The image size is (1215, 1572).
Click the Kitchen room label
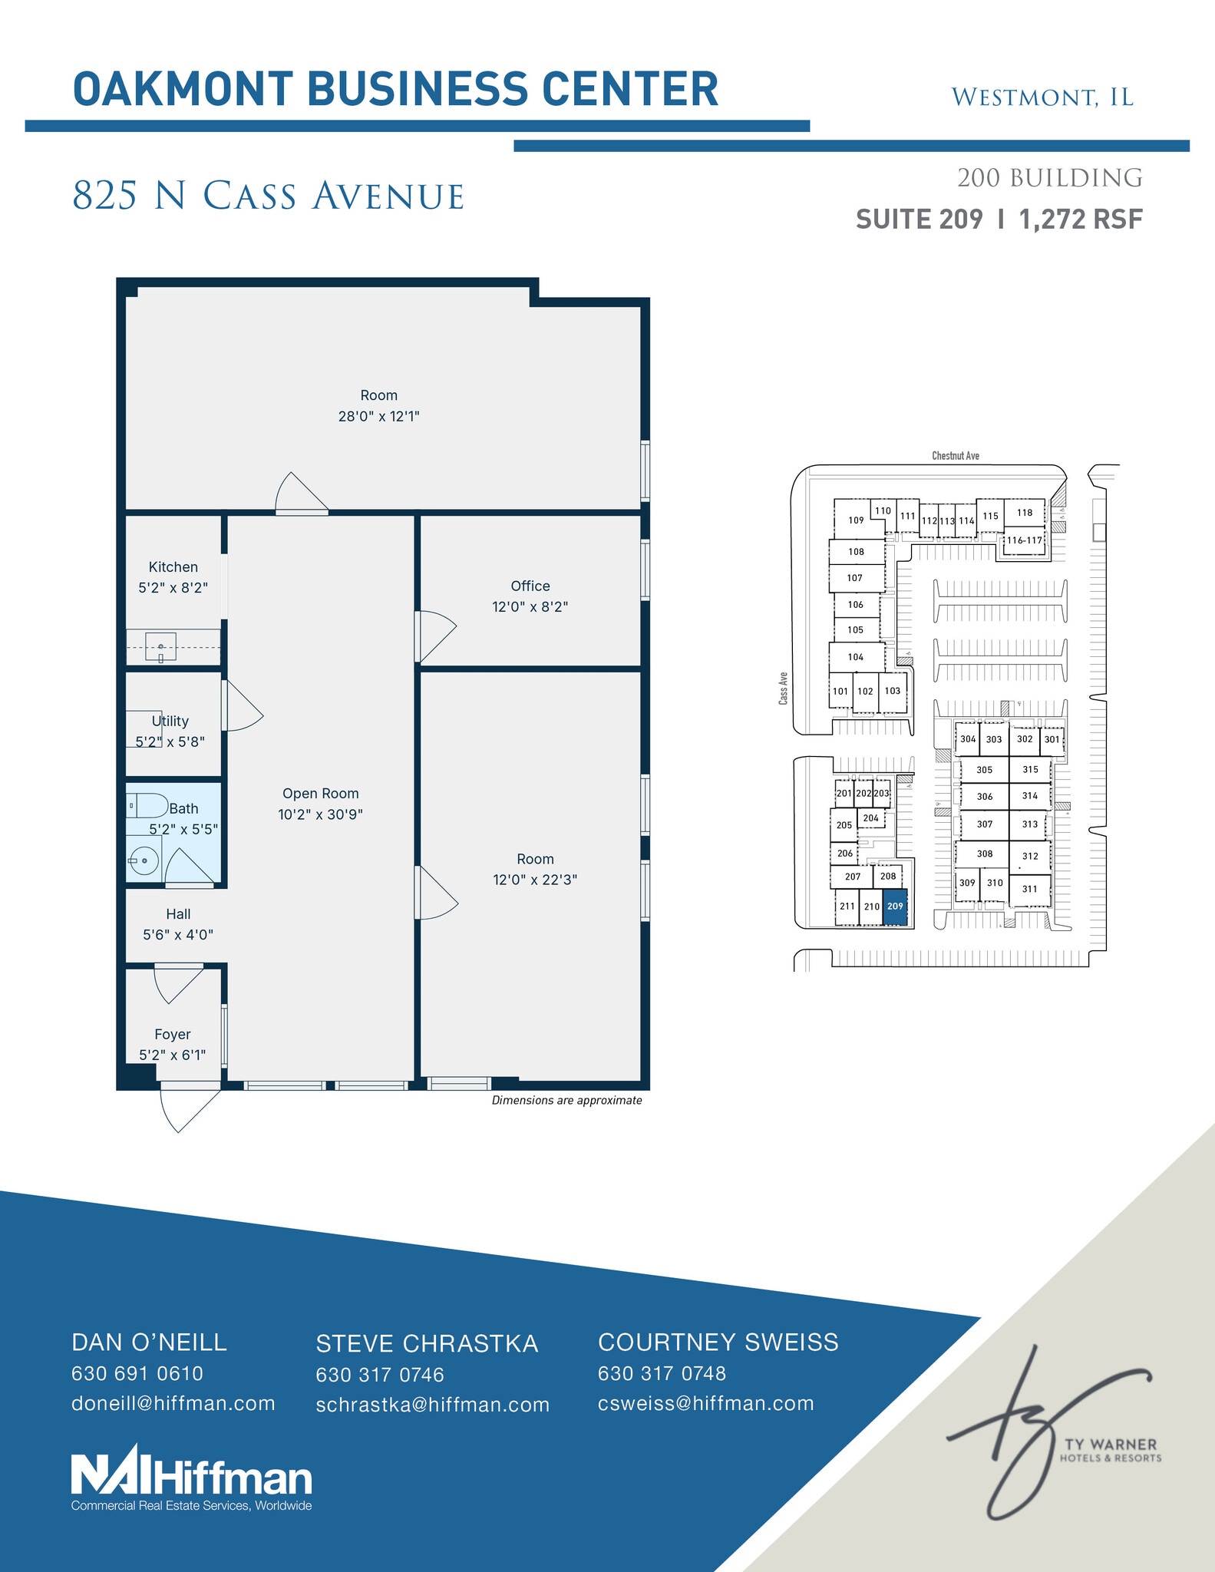[173, 567]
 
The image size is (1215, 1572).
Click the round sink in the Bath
[144, 861]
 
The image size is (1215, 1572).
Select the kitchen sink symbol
[160, 646]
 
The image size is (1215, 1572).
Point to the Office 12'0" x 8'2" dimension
[530, 606]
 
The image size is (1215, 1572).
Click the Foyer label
[172, 1034]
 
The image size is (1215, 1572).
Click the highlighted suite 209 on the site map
[895, 907]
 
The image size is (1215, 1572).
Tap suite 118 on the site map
[1025, 513]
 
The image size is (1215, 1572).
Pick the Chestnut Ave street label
[956, 456]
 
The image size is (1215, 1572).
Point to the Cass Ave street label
[783, 689]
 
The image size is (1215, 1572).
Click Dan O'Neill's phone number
[137, 1373]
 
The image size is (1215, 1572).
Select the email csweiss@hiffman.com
[705, 1403]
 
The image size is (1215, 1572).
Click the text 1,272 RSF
[1081, 220]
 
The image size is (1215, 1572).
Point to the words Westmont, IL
[1042, 97]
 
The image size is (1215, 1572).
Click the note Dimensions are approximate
[566, 1100]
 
